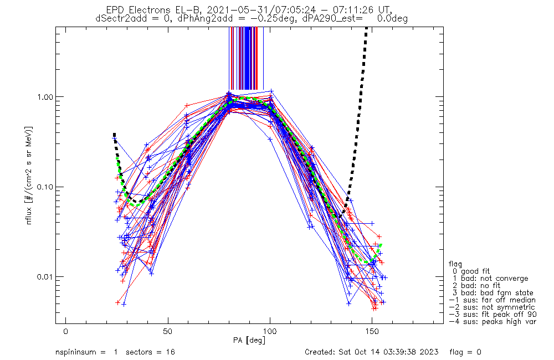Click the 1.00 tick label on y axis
[43, 97]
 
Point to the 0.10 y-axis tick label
[43, 187]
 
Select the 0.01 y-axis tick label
[43, 276]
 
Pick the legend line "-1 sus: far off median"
[492, 300]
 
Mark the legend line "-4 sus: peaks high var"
[492, 321]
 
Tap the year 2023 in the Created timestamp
[429, 352]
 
